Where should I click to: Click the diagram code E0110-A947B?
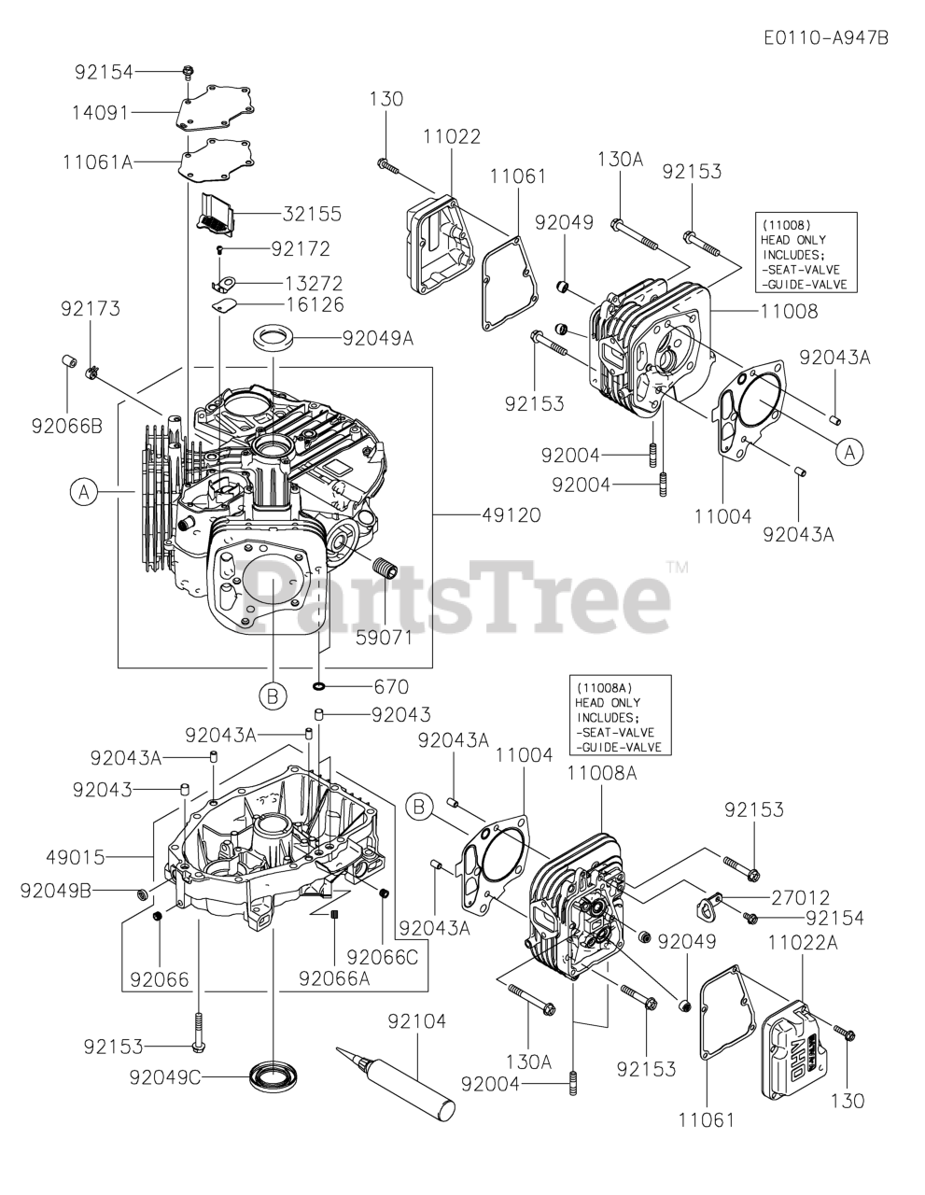point(825,37)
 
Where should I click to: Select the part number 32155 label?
point(312,214)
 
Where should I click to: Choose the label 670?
point(391,687)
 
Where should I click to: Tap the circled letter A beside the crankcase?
point(84,491)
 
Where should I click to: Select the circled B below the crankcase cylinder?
point(272,695)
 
